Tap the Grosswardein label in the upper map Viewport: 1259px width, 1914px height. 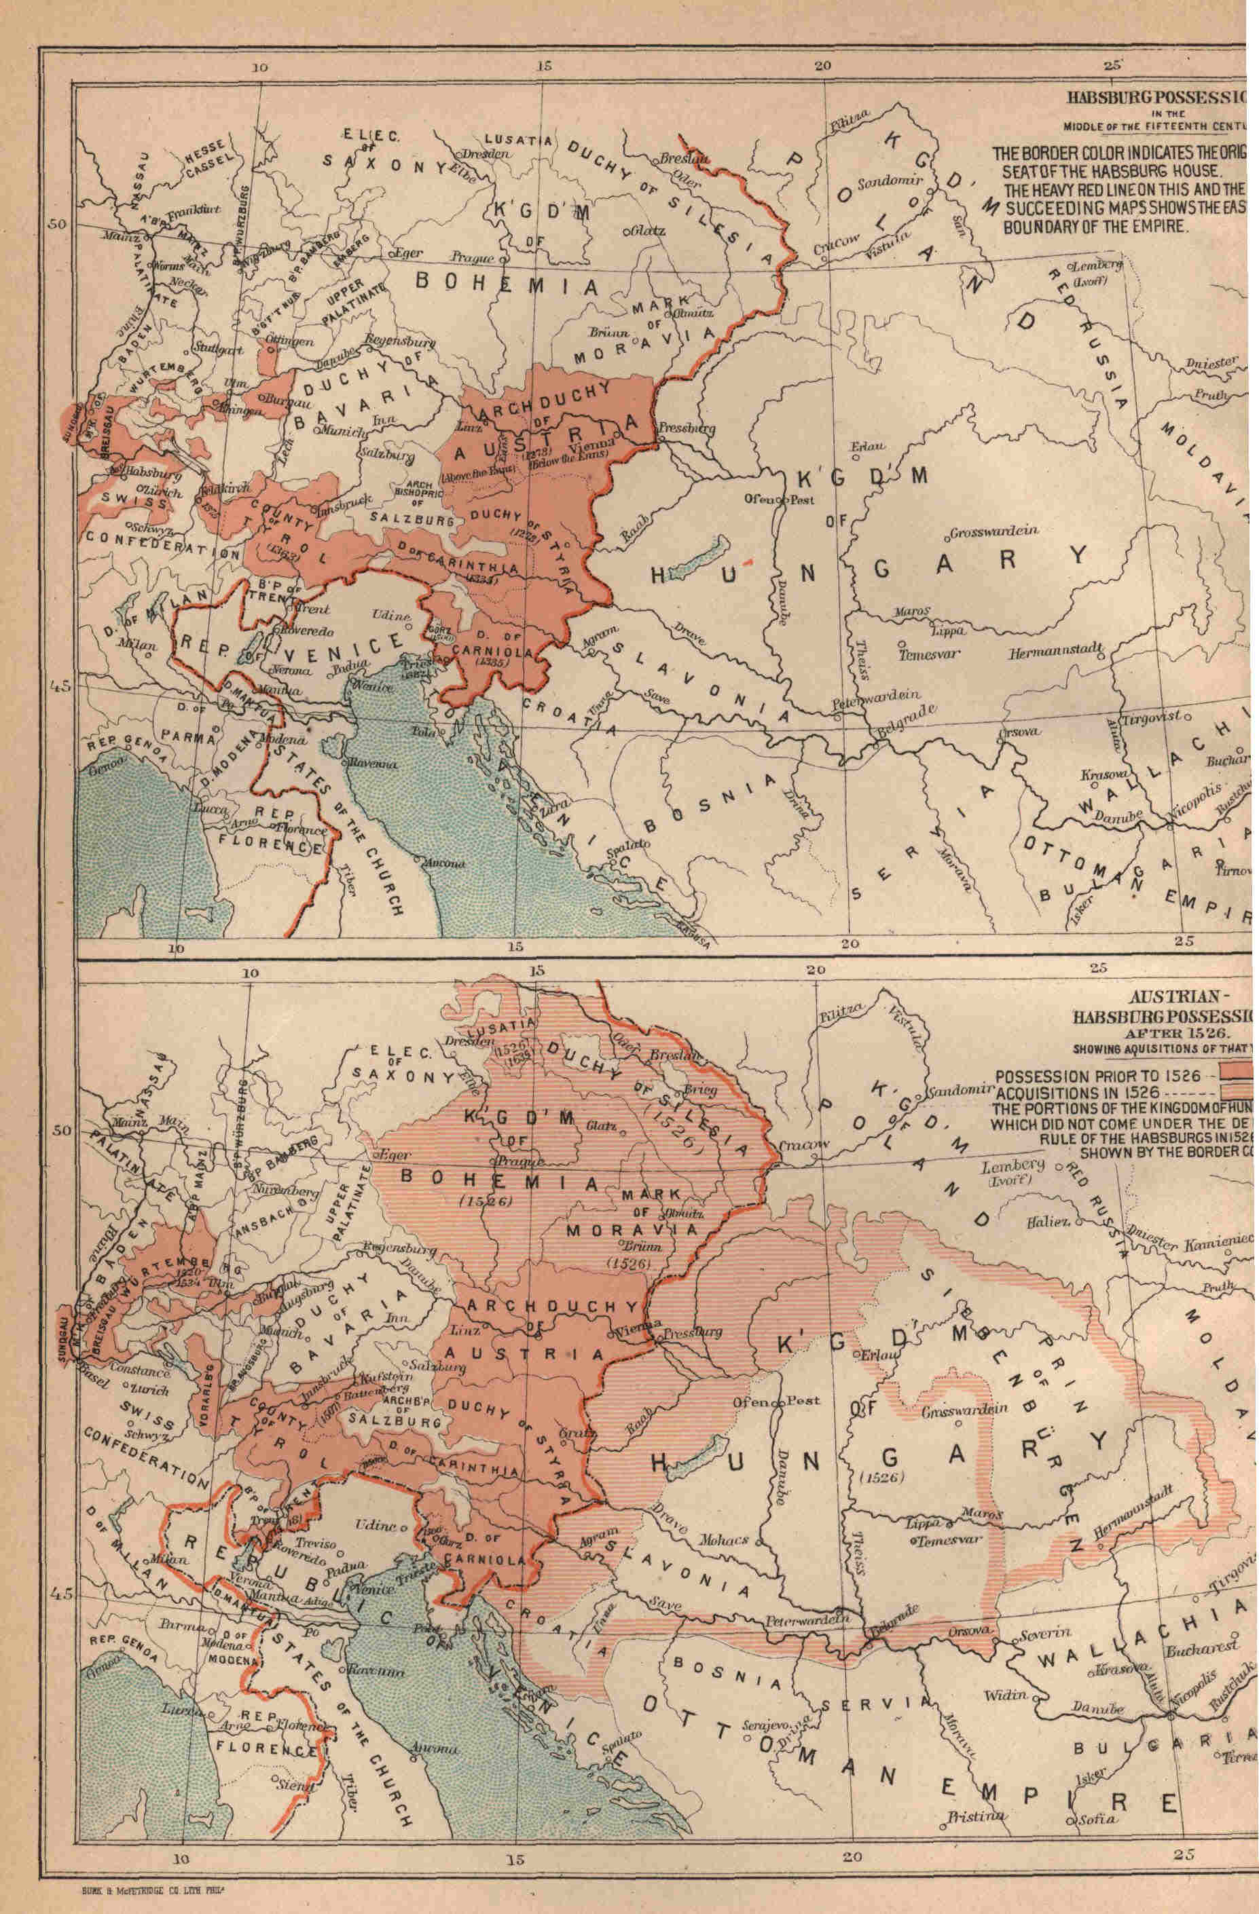tap(996, 531)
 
